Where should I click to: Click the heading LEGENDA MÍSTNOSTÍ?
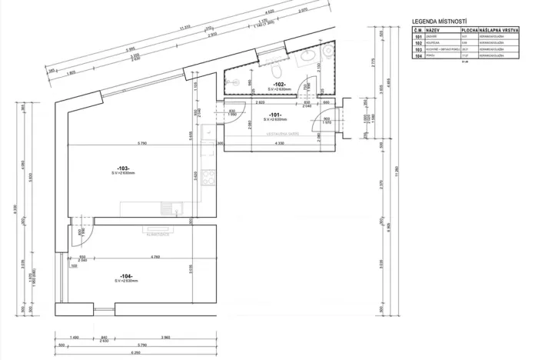point(439,22)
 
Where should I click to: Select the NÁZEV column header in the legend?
point(428,28)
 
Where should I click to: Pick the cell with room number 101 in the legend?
point(418,35)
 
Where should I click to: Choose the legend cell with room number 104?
point(418,56)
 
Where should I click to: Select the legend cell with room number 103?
point(418,49)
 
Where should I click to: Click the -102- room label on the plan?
point(279,84)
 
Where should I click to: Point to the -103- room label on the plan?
point(123,168)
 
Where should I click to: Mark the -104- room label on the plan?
point(127,275)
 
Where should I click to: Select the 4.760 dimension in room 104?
point(155,256)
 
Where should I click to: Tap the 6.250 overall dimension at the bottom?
point(135,353)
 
